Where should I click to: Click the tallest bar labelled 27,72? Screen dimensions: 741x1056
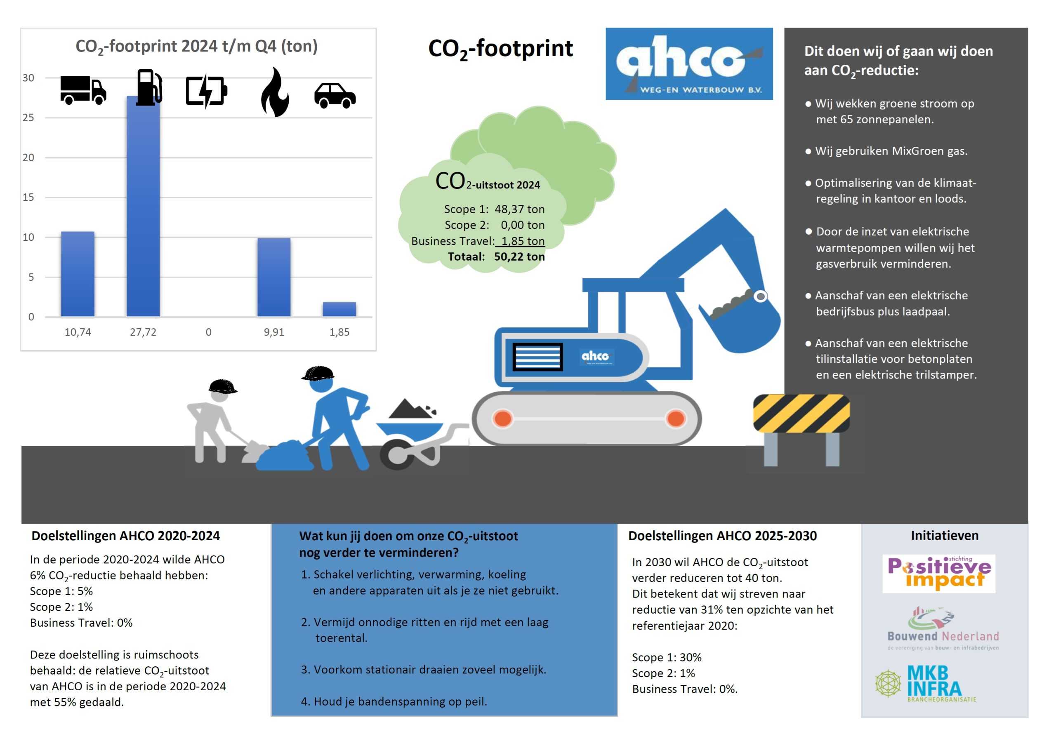(x=143, y=207)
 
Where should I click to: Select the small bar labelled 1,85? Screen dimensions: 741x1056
(x=339, y=309)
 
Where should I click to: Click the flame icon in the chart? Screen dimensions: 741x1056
(x=275, y=92)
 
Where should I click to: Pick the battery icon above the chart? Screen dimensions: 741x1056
(x=206, y=91)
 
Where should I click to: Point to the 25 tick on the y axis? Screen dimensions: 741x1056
(x=28, y=118)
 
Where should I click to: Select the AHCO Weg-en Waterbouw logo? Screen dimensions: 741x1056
(x=688, y=64)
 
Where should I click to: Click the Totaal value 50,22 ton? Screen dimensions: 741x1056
(x=519, y=256)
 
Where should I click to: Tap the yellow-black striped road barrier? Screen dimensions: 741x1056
(x=801, y=413)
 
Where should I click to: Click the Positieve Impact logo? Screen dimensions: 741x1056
(x=939, y=573)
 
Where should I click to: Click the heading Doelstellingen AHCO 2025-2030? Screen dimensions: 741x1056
(x=722, y=536)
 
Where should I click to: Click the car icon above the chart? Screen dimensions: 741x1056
(x=335, y=95)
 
